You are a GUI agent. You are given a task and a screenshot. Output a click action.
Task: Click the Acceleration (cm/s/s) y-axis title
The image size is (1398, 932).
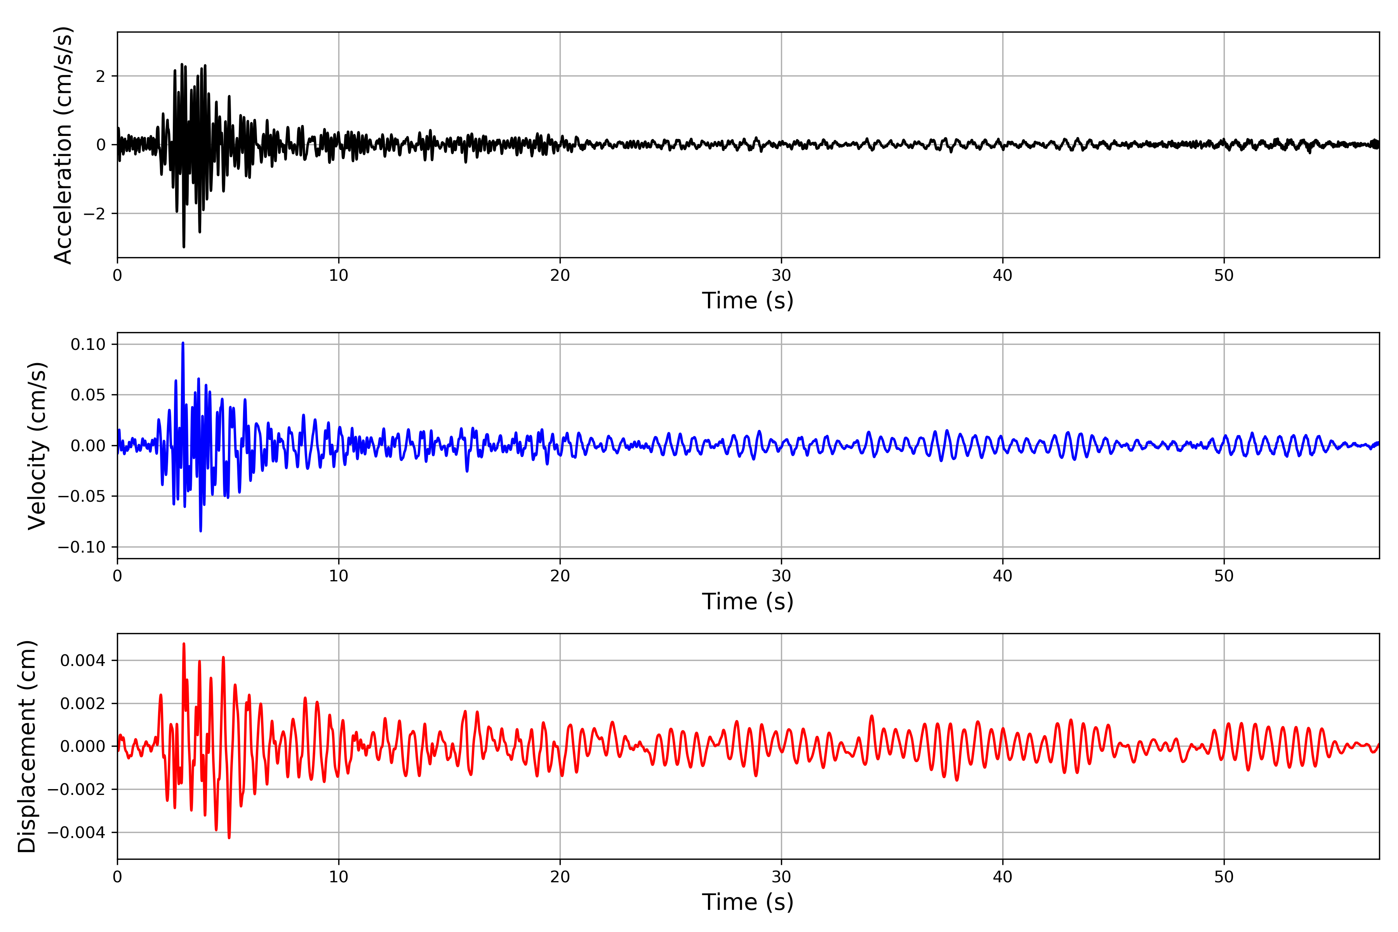[x=63, y=145]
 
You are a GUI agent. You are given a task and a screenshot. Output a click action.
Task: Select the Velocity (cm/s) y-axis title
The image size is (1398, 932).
[x=37, y=446]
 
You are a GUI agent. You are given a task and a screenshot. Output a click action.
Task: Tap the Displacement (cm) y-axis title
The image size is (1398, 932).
[x=27, y=746]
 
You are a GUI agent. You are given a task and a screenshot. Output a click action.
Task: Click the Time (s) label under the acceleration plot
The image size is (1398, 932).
[x=748, y=301]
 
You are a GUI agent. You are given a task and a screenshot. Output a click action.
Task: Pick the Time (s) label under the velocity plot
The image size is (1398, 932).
[x=748, y=602]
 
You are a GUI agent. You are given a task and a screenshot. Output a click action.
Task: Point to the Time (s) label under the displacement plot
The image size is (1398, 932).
[x=748, y=902]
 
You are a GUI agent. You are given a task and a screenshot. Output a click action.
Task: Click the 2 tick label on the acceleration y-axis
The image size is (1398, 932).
[x=101, y=76]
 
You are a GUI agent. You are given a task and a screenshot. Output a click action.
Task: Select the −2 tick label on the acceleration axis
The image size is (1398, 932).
[x=94, y=213]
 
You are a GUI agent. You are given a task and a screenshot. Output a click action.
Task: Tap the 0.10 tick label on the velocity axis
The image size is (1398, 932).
[x=88, y=344]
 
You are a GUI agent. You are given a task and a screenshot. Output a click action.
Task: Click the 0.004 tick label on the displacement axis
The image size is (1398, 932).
[x=83, y=661]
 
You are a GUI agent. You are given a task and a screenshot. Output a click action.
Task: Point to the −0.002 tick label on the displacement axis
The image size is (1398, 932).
[x=76, y=789]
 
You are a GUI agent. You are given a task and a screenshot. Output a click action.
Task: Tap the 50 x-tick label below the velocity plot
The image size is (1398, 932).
[x=1224, y=576]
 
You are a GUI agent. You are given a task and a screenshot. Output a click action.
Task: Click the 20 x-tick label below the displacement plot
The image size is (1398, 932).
[x=560, y=877]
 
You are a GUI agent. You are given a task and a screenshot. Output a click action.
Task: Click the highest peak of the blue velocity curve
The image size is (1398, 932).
[x=183, y=343]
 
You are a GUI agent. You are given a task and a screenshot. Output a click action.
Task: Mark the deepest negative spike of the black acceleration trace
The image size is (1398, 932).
[x=184, y=247]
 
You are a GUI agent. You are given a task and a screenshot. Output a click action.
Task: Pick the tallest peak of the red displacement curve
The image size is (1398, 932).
[x=184, y=644]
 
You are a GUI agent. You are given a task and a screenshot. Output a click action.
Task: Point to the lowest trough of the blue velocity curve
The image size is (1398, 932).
[x=201, y=531]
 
